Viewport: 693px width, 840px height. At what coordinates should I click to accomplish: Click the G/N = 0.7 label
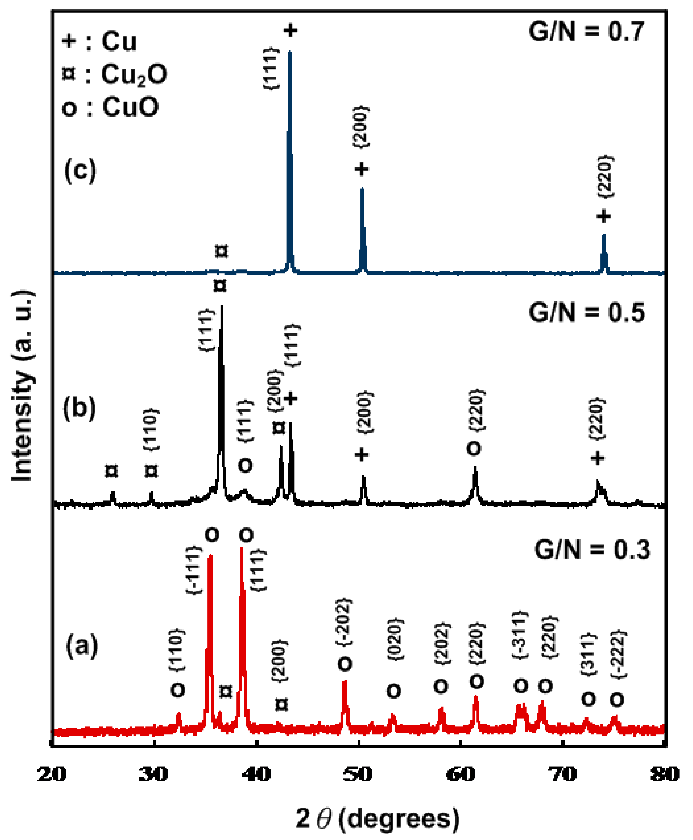[586, 31]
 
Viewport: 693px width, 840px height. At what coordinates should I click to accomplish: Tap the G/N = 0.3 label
[592, 550]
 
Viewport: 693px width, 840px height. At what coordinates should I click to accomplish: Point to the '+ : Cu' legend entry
[99, 41]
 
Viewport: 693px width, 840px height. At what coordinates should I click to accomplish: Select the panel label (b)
[80, 408]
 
